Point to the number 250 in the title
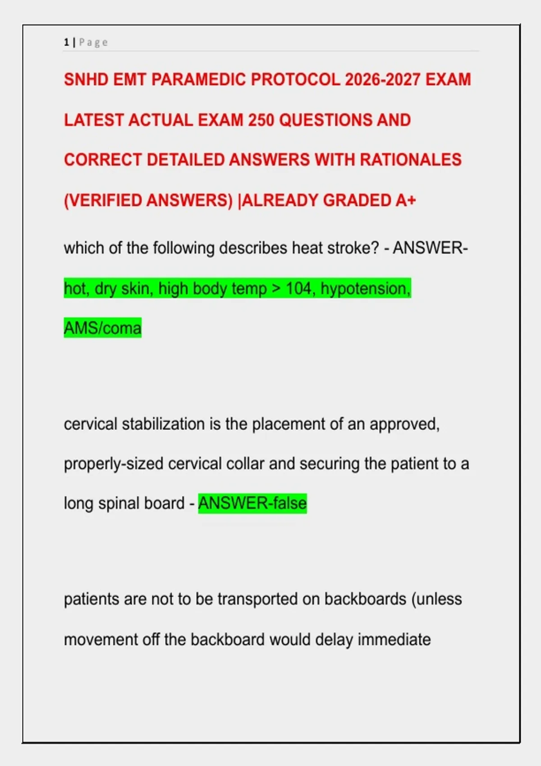click(x=261, y=120)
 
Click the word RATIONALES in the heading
click(x=411, y=160)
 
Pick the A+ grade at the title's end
click(x=405, y=201)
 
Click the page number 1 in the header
click(x=66, y=43)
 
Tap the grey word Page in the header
click(x=93, y=43)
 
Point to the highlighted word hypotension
click(x=366, y=289)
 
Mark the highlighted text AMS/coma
click(x=103, y=328)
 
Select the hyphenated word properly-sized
click(x=114, y=464)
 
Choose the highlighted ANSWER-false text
click(x=252, y=503)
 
